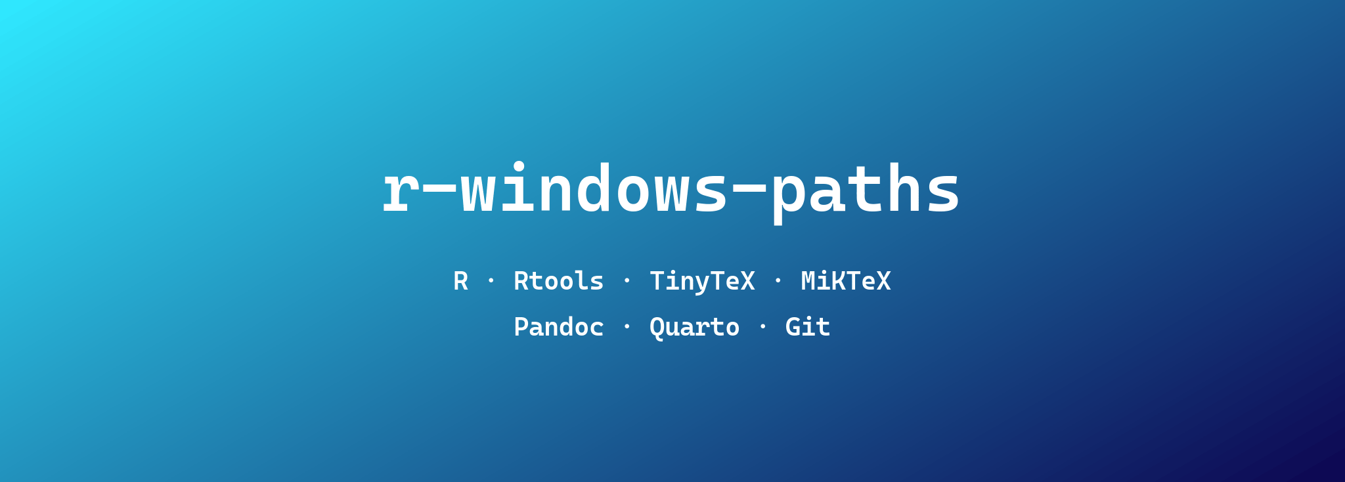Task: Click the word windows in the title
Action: (x=594, y=190)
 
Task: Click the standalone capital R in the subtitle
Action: (x=461, y=282)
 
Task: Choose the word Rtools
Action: (x=558, y=282)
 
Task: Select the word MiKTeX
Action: (x=846, y=282)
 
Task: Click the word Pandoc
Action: (x=558, y=328)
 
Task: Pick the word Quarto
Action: (x=694, y=328)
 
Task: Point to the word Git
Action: (x=808, y=328)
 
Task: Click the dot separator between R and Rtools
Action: (x=491, y=280)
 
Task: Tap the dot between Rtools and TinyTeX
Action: (x=627, y=280)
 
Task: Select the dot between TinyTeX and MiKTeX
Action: (x=778, y=280)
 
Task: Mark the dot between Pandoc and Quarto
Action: (x=627, y=326)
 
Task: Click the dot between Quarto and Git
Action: (x=762, y=326)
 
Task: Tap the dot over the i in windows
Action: (x=519, y=166)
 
